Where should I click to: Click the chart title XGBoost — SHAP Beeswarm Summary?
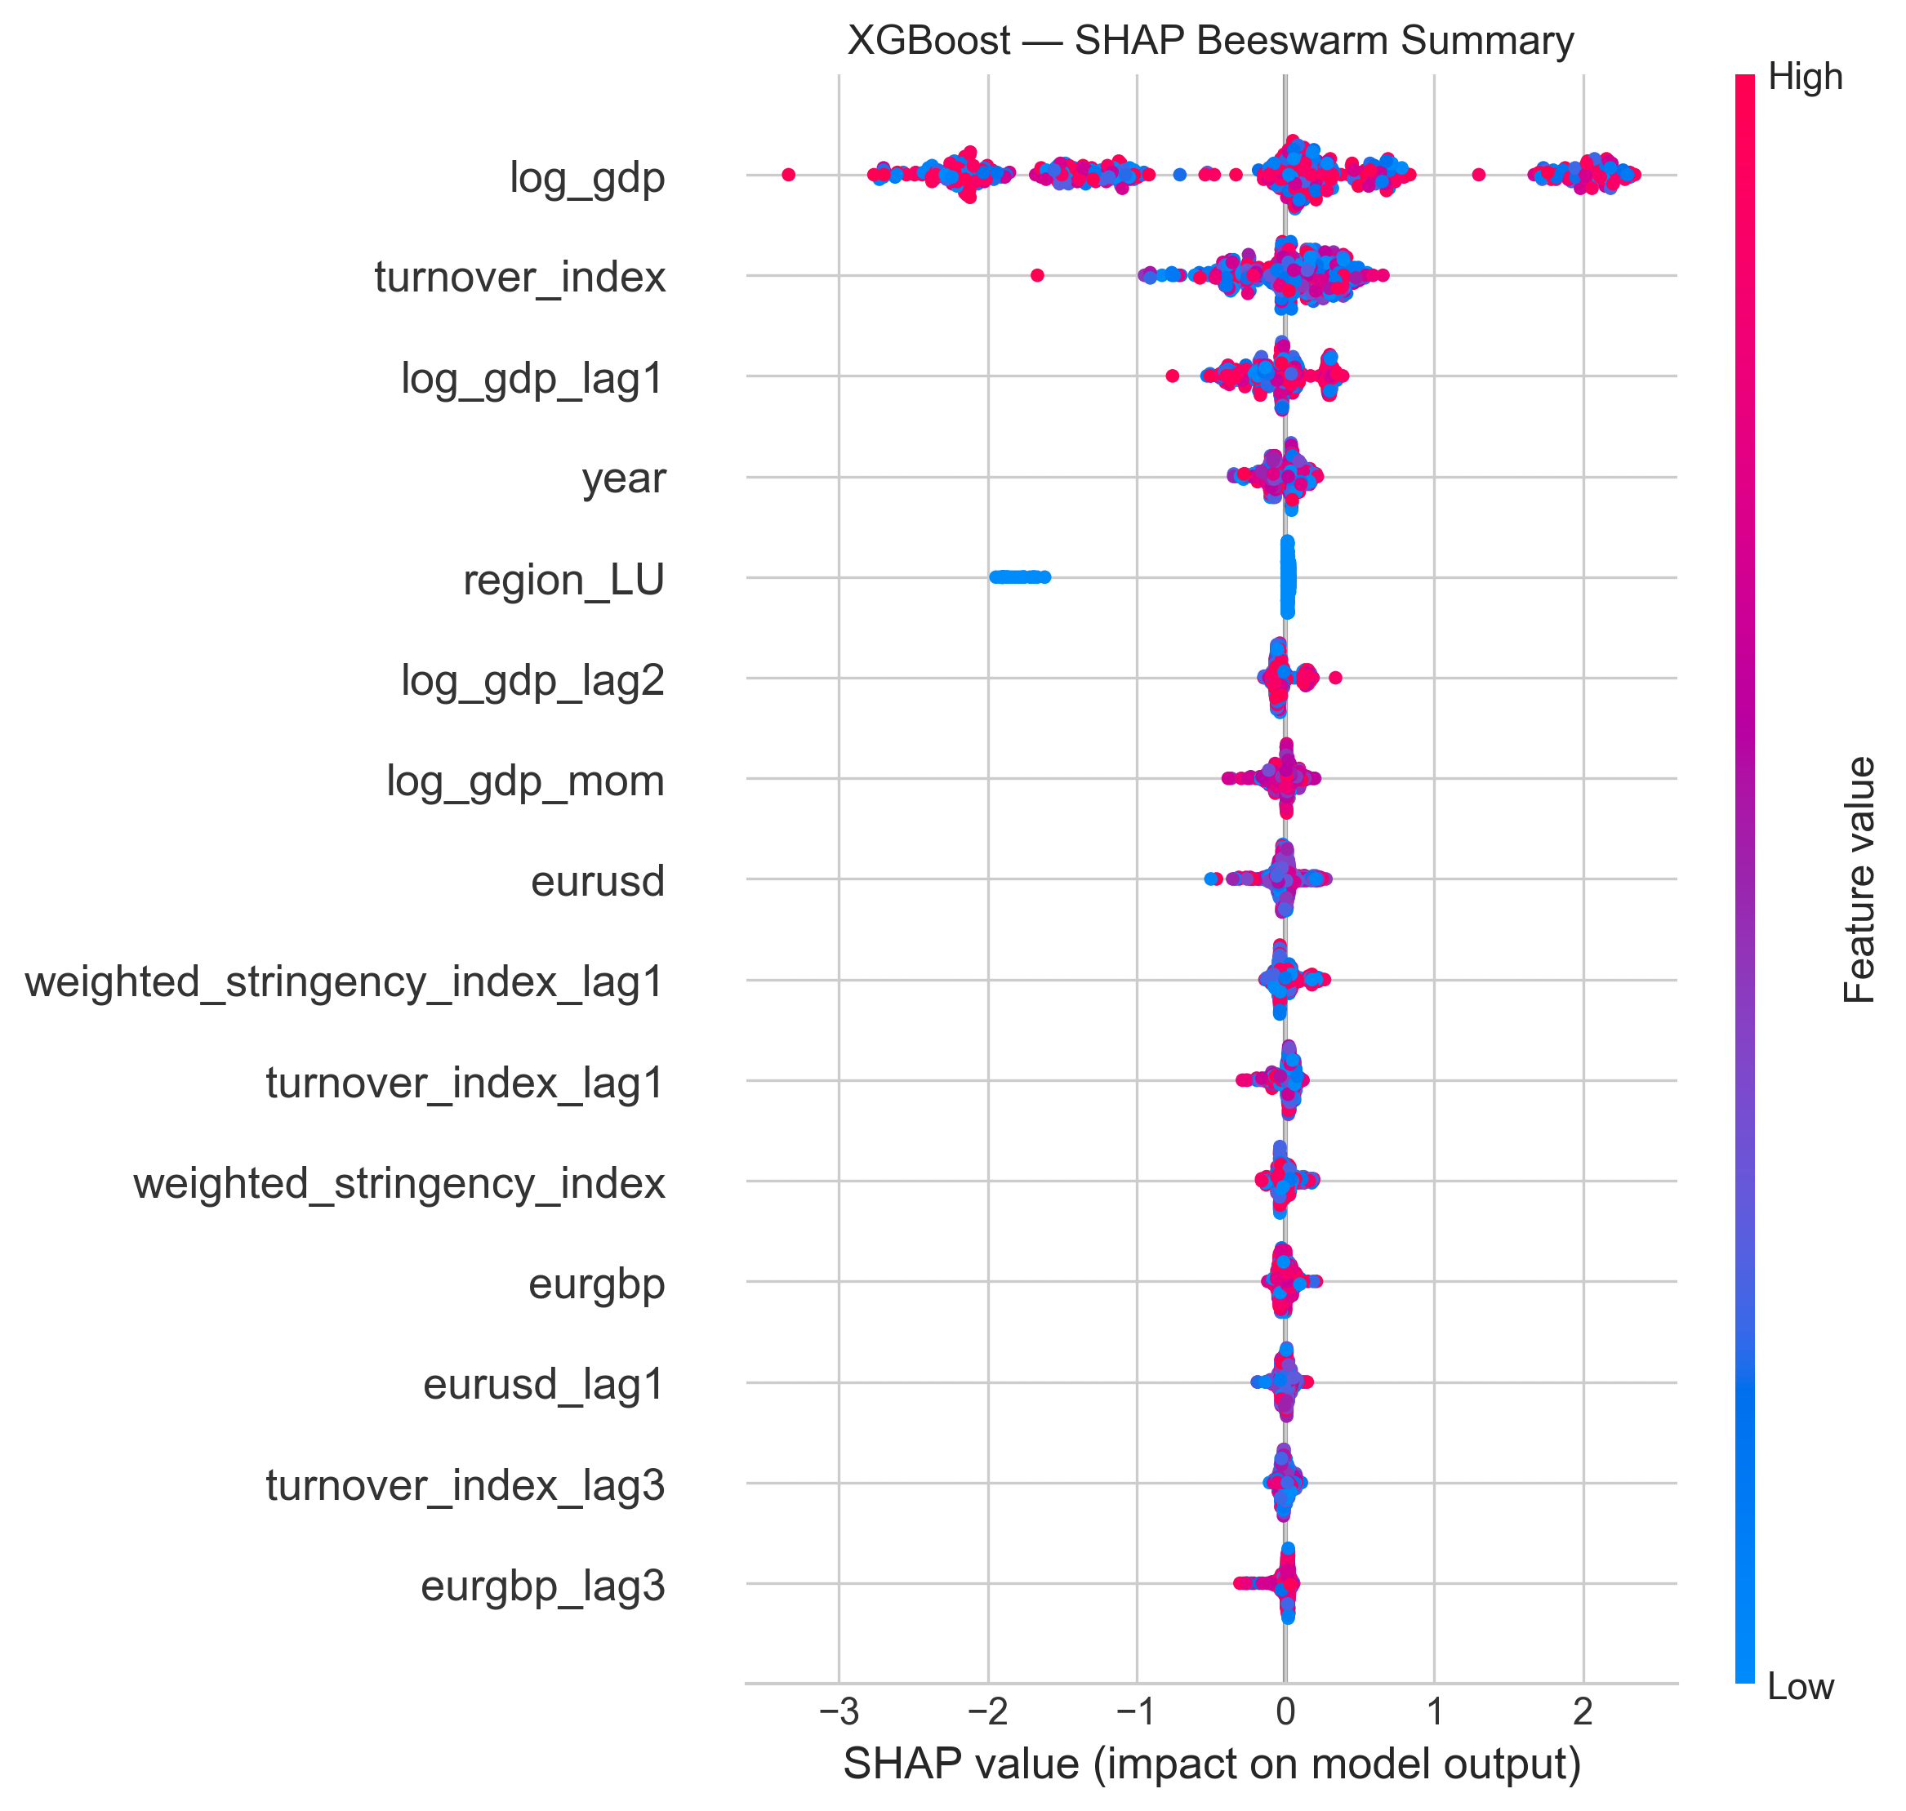pos(1211,41)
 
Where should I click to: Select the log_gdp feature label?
pos(587,178)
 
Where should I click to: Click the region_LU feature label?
pos(564,581)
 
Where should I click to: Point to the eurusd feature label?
pos(598,881)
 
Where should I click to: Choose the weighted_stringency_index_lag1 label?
pos(345,981)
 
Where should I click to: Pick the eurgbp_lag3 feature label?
pos(542,1586)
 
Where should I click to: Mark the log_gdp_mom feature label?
pos(525,781)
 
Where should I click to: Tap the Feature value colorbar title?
pos(1859,880)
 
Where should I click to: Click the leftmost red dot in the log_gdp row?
pos(788,175)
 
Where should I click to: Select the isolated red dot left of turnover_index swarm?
pos(1037,275)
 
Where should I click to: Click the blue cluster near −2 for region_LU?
pos(1018,577)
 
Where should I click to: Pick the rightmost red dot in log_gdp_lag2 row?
pos(1335,678)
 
